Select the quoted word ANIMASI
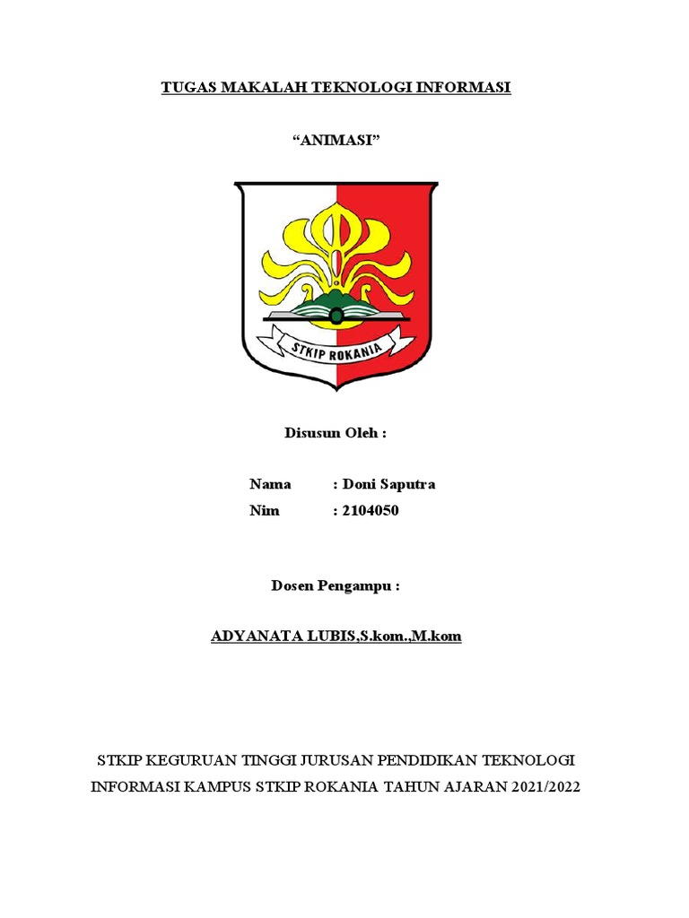point(336,141)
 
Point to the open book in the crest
point(336,315)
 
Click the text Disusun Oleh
point(336,434)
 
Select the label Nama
point(270,485)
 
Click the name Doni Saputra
point(388,485)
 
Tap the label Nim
point(265,511)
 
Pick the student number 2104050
point(371,511)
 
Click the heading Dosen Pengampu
point(335,586)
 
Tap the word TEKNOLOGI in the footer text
point(528,761)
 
